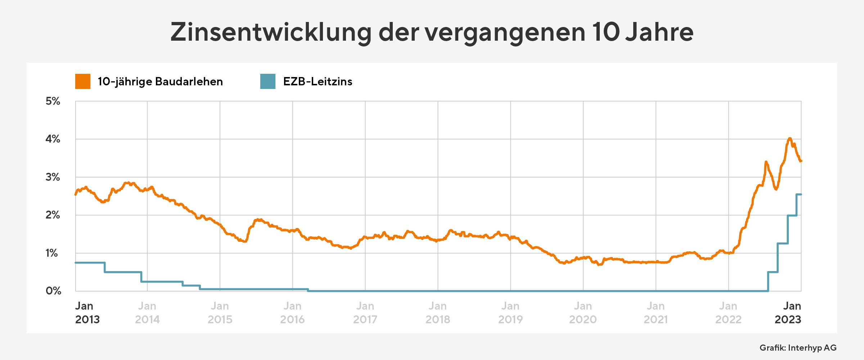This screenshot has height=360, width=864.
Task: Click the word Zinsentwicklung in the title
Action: (x=271, y=32)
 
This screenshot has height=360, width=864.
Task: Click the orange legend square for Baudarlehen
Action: (x=83, y=81)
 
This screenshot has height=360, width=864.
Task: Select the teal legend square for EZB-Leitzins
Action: (x=268, y=81)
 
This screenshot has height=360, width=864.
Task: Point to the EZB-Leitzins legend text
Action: (x=318, y=82)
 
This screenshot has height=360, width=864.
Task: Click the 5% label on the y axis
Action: (x=53, y=101)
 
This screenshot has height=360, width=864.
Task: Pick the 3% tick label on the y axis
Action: (x=53, y=177)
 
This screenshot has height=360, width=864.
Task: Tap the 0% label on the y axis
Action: (x=53, y=291)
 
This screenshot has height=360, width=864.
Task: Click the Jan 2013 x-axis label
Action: (x=87, y=313)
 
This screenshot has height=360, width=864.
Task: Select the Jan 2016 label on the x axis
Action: (x=292, y=313)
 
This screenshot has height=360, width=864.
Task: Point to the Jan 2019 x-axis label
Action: (x=510, y=313)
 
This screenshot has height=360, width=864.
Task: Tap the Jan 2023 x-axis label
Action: (x=788, y=313)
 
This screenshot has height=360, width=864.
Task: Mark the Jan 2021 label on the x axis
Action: (x=656, y=313)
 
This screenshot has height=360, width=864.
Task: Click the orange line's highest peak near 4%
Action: (x=789, y=139)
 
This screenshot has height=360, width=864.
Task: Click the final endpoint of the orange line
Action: (x=801, y=161)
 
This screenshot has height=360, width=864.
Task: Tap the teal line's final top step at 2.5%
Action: (x=799, y=194)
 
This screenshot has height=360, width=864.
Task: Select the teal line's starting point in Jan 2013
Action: (x=76, y=263)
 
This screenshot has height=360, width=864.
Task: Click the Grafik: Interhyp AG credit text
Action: (x=798, y=348)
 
